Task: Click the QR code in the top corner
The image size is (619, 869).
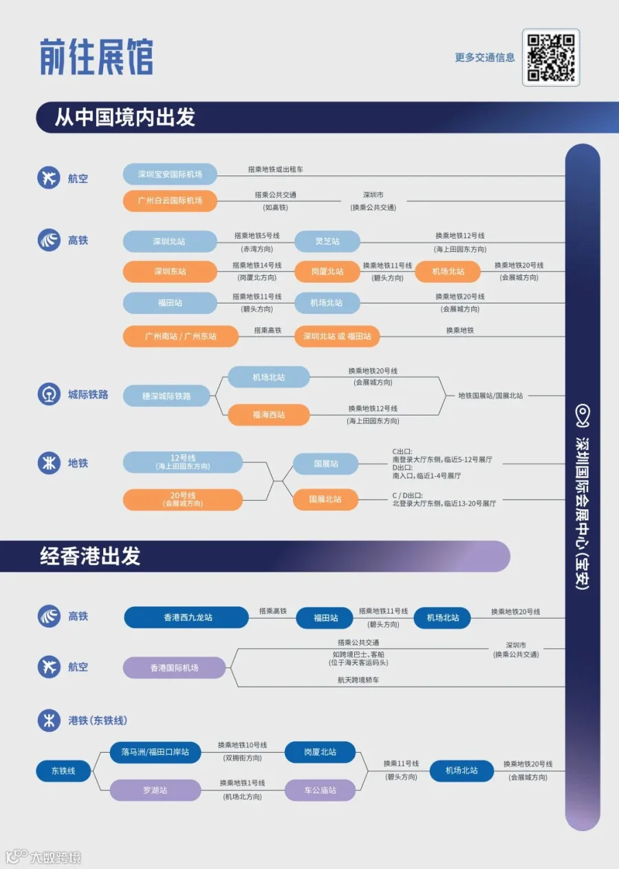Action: click(551, 58)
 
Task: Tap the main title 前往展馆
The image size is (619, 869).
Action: click(96, 57)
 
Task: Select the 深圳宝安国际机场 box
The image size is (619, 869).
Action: click(170, 174)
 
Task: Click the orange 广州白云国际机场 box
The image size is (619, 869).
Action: click(170, 201)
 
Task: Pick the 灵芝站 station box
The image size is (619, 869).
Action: click(327, 242)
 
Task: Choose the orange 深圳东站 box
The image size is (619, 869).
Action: click(170, 271)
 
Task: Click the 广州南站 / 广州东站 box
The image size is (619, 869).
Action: click(180, 336)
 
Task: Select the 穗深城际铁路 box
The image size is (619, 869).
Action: click(166, 396)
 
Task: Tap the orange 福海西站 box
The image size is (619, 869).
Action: click(268, 415)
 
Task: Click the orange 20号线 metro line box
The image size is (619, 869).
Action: click(183, 500)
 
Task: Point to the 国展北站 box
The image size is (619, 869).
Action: click(325, 500)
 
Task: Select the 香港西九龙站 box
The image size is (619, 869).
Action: click(186, 617)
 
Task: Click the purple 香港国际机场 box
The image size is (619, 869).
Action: click(174, 667)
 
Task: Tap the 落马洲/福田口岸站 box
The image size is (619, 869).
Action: click(155, 752)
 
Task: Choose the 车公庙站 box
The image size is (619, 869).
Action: click(321, 791)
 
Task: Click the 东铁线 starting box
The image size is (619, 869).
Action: click(63, 771)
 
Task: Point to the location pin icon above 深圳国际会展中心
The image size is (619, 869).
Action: click(583, 414)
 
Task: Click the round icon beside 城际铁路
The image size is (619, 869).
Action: click(49, 394)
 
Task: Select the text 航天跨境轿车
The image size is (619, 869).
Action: click(358, 680)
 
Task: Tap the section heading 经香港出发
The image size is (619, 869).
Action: click(91, 556)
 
